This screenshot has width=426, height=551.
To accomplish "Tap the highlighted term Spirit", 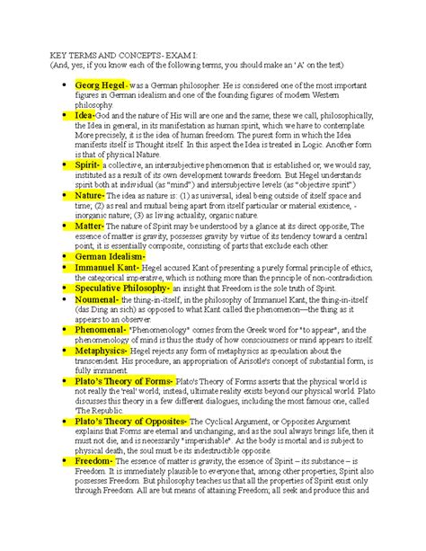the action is coord(93,166).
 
